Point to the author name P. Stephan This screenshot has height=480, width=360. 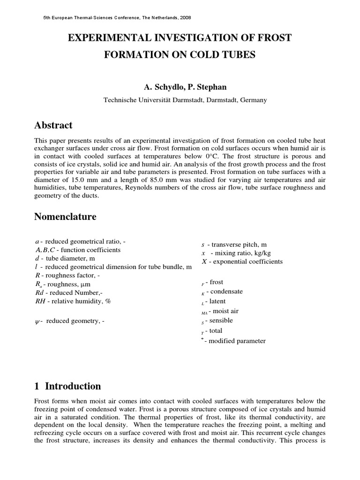tap(197, 87)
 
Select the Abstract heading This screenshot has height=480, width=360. tap(54, 125)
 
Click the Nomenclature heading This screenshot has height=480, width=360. tap(66, 217)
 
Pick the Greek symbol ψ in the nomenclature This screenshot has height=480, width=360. tap(37, 322)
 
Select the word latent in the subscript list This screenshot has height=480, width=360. tap(217, 301)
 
